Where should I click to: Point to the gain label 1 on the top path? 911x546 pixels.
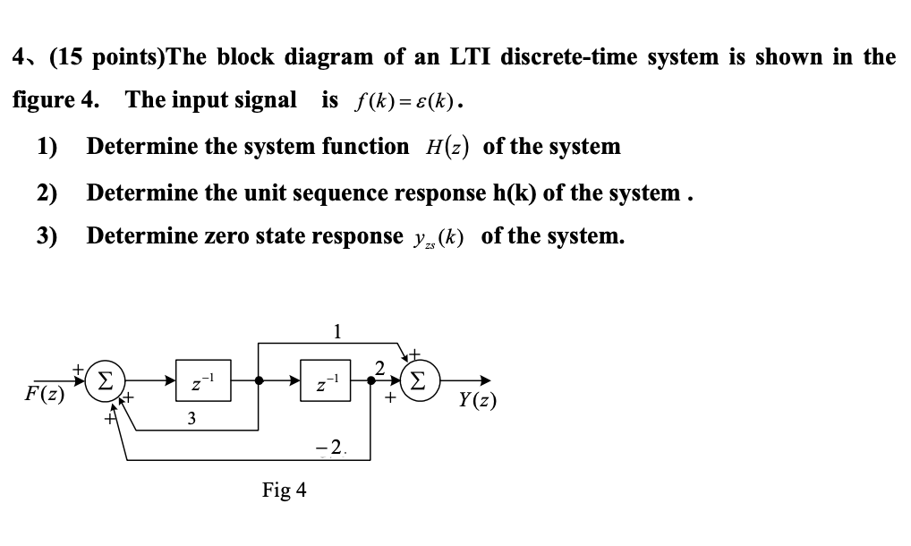tap(336, 330)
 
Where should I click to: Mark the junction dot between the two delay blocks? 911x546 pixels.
tap(259, 380)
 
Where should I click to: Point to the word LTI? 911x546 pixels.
tap(461, 57)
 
